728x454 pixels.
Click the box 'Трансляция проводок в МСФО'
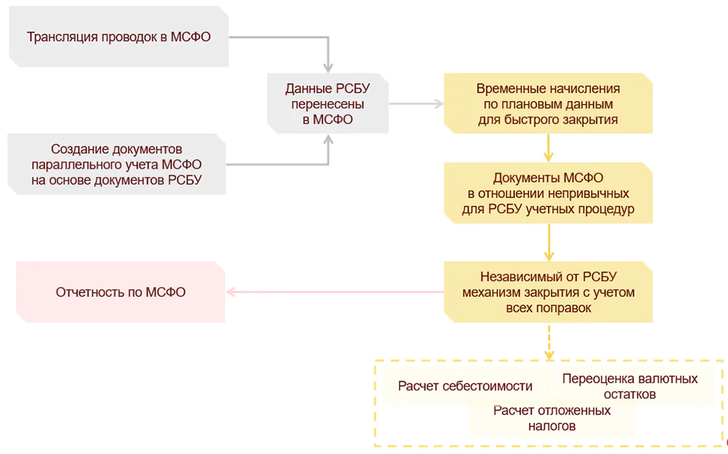point(118,37)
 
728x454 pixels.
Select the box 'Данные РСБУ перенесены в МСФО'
point(328,103)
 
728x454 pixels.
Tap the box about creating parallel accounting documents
point(117,165)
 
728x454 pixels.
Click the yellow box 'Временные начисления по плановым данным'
point(548,103)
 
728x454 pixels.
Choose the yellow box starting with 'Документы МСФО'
point(548,193)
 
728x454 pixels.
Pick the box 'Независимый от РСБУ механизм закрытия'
point(548,291)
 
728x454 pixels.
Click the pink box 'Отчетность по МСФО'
point(120,292)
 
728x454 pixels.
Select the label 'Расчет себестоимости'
point(465,386)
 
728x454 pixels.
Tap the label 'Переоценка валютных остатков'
point(630,386)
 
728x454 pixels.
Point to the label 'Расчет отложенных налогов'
point(552,418)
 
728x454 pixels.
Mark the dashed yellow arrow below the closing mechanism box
point(549,343)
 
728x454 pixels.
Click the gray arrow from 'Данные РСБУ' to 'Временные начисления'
point(416,103)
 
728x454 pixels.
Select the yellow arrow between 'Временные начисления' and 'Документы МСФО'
point(549,148)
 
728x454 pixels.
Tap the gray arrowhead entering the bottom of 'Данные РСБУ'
point(328,141)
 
